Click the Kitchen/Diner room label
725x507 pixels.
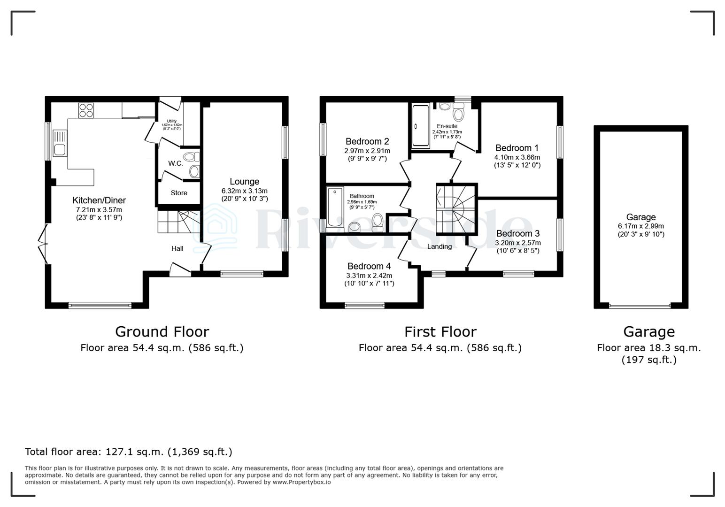(x=99, y=200)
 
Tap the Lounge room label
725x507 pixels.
(x=244, y=182)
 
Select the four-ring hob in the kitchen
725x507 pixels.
(x=86, y=110)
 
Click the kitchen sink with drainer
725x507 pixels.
(x=60, y=143)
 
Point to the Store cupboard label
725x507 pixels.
(x=179, y=193)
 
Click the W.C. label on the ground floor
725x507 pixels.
(x=176, y=163)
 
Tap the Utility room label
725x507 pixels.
(x=171, y=121)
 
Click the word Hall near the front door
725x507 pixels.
(x=177, y=248)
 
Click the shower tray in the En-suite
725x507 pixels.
(x=420, y=125)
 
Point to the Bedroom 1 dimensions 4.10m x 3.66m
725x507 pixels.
(x=517, y=157)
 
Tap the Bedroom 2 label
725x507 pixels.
(x=367, y=141)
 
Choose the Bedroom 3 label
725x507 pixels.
(x=517, y=233)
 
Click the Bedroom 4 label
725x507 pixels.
(x=369, y=266)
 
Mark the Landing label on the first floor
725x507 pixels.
(x=439, y=246)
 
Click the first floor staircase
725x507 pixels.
(x=455, y=209)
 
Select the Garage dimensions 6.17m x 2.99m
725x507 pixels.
(x=640, y=226)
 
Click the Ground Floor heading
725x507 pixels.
(x=162, y=332)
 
